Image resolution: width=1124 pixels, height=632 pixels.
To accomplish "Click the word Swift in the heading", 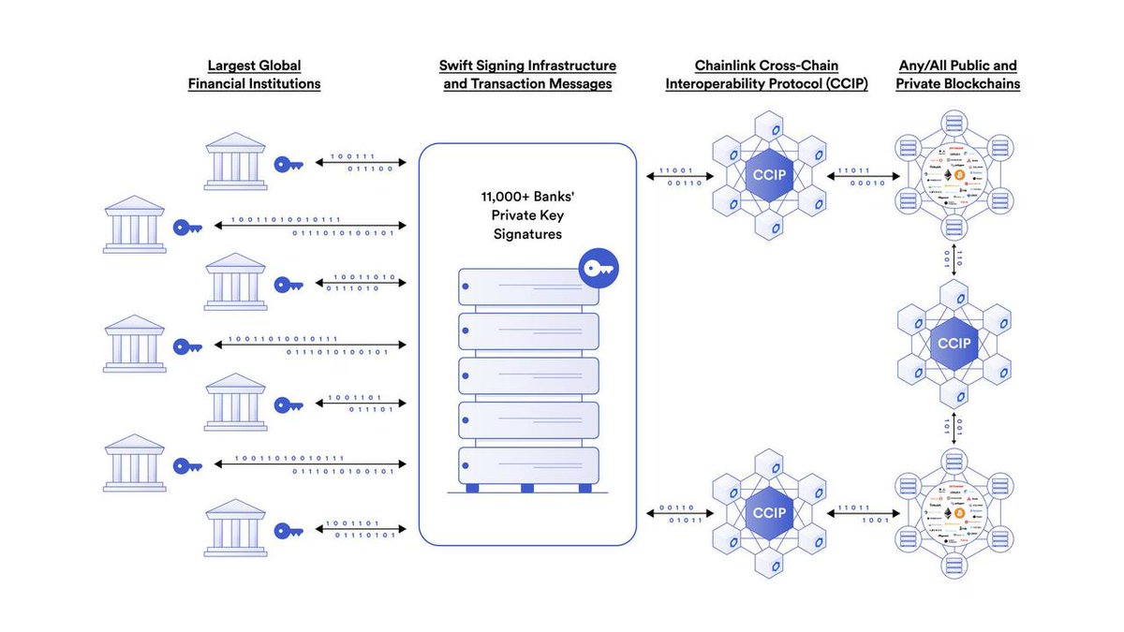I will click(457, 66).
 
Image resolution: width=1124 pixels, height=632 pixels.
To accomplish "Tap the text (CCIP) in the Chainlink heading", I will click(840, 84).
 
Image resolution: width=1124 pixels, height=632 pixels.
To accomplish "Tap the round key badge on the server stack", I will click(592, 269).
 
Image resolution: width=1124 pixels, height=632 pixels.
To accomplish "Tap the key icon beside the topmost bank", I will click(288, 164).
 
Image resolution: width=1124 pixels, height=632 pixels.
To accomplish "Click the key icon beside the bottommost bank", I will click(288, 531).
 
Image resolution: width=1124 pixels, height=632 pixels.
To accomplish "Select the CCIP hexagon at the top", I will click(768, 175).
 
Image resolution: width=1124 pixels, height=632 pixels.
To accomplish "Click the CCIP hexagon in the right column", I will click(954, 344).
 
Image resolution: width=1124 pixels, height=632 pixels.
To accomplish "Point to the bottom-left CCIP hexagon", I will click(768, 513).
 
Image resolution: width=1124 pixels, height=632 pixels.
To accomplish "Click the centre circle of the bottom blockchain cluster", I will click(954, 513).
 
